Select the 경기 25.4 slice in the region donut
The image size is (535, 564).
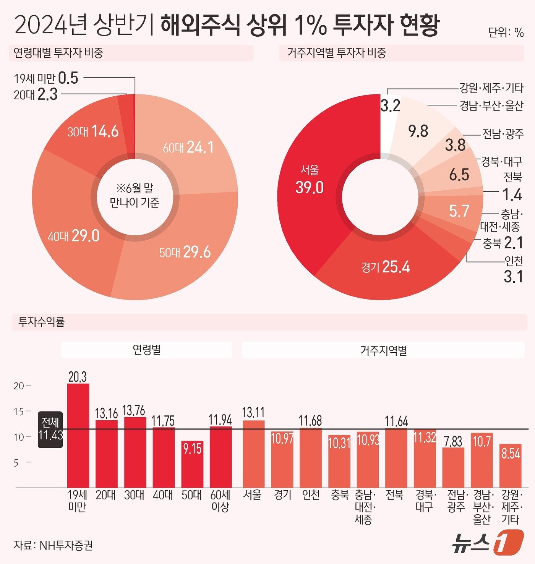(x=386, y=267)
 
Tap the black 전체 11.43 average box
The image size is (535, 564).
(x=50, y=429)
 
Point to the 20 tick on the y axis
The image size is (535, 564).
(x=19, y=386)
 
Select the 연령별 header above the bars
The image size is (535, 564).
(x=146, y=350)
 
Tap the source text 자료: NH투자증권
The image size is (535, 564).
(x=53, y=545)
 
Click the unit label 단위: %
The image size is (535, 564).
(x=506, y=32)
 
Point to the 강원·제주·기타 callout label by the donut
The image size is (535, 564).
(x=491, y=88)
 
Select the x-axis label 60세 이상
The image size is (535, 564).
(x=220, y=501)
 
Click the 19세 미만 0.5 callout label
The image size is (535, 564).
(x=46, y=78)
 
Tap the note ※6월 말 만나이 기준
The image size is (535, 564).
(x=135, y=195)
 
